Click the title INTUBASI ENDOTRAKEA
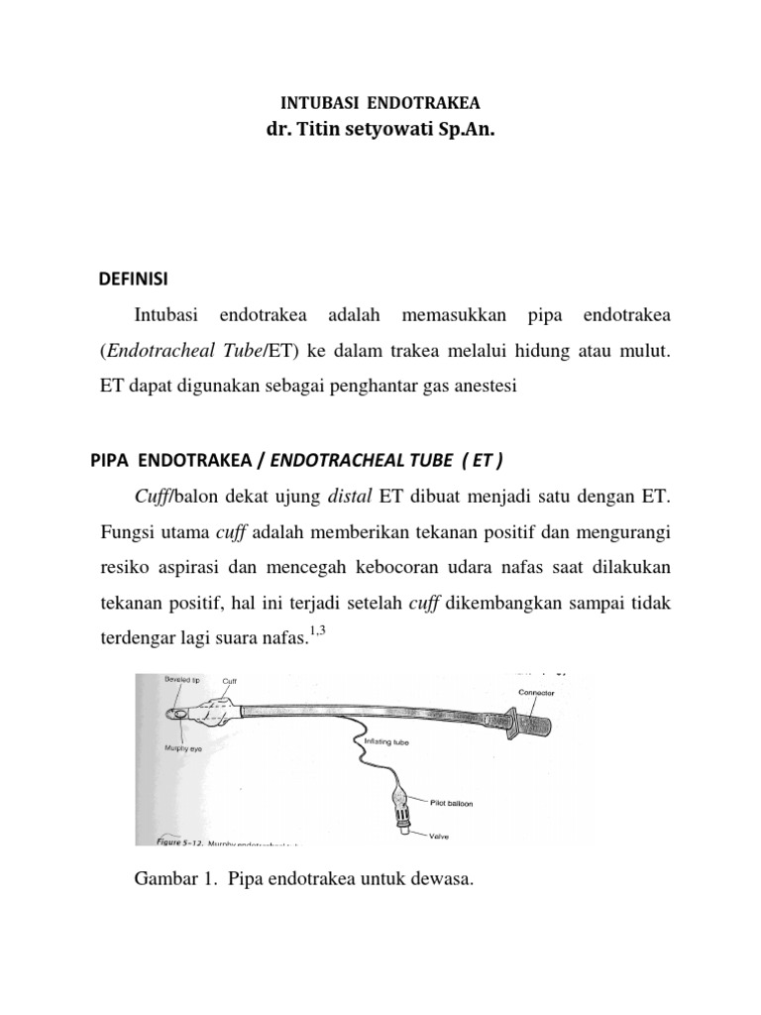pos(380,102)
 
